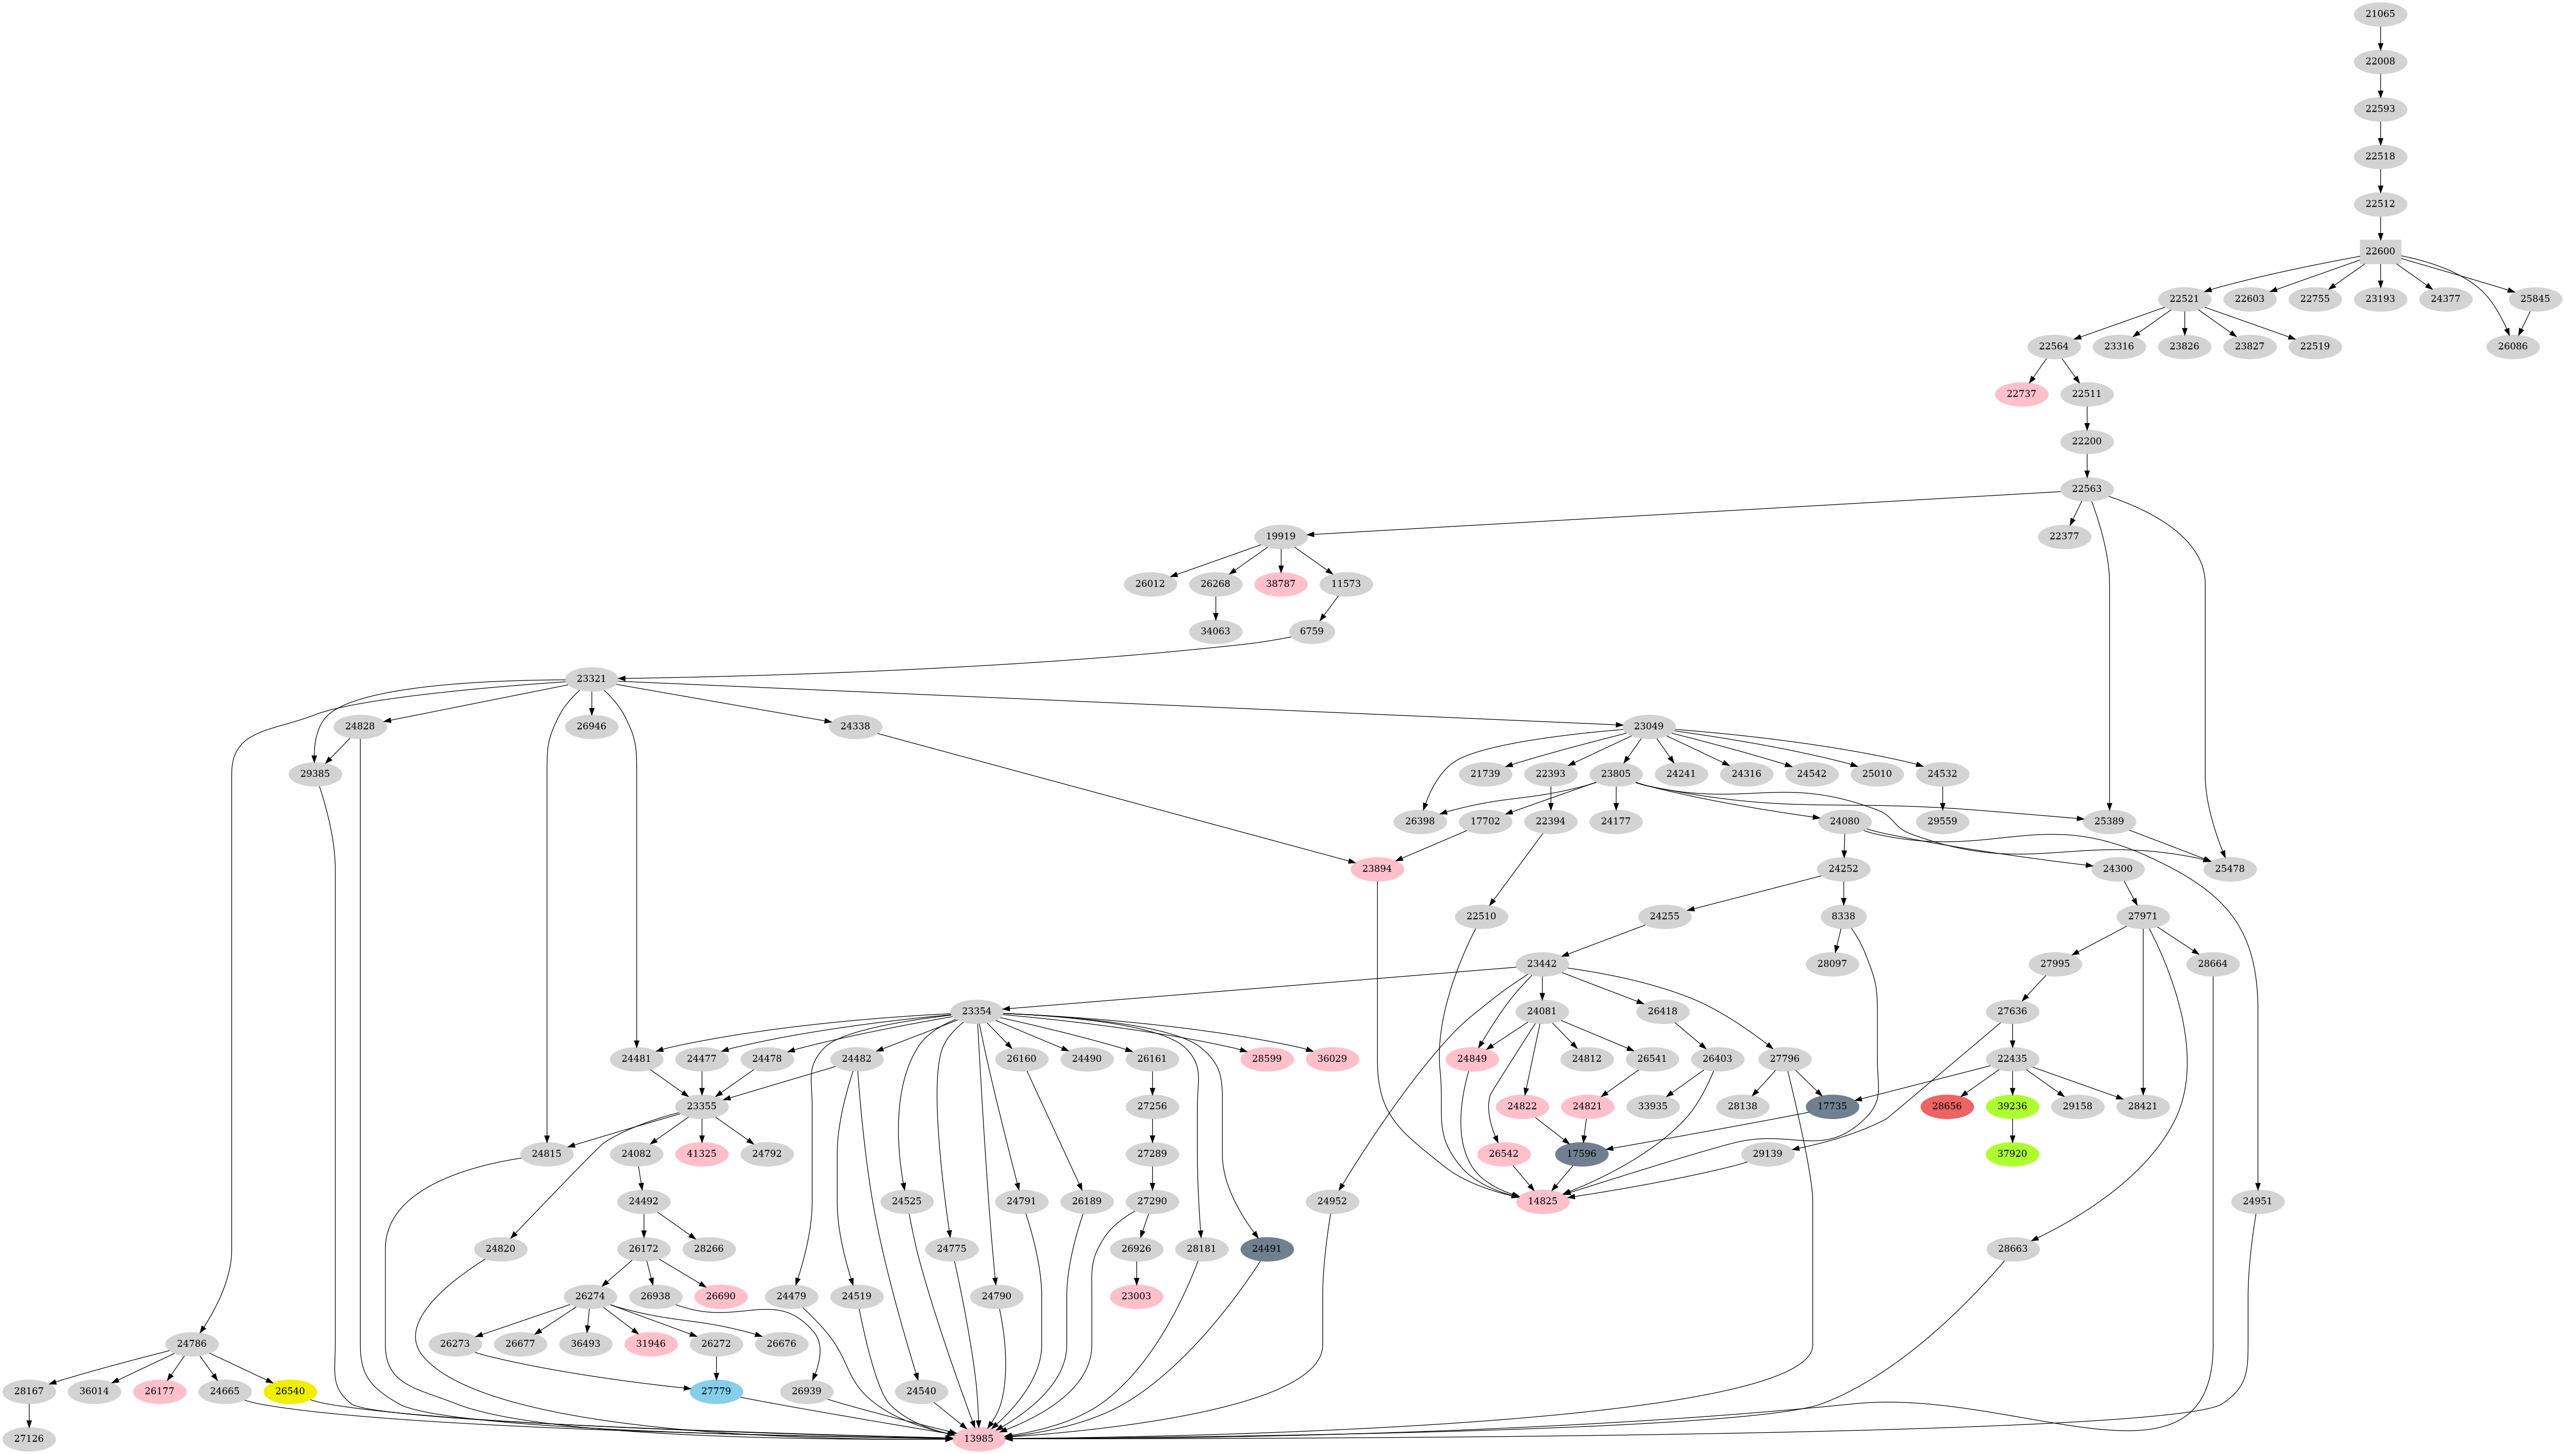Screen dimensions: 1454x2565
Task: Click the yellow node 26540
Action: tap(289, 1391)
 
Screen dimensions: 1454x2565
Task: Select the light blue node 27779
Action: tap(716, 1391)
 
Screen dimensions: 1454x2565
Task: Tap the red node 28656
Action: tap(1946, 1107)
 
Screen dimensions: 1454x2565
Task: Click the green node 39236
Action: tap(2012, 1107)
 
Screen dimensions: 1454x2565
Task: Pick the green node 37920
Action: tap(2012, 1153)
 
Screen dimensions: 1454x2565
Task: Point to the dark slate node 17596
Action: tap(1582, 1153)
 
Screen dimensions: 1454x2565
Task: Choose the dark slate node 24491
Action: tap(1266, 1248)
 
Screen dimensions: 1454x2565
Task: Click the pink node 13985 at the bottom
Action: tap(979, 1438)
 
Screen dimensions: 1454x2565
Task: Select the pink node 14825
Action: tap(1542, 1200)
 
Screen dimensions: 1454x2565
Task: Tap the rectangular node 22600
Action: tap(2380, 251)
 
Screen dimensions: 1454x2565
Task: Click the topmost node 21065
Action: tap(2380, 14)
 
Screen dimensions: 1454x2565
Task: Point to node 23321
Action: tap(591, 679)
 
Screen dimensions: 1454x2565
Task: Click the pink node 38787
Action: tap(1280, 583)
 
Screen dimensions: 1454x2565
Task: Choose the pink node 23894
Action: tap(1377, 869)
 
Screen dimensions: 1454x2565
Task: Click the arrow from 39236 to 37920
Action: tap(2012, 1129)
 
